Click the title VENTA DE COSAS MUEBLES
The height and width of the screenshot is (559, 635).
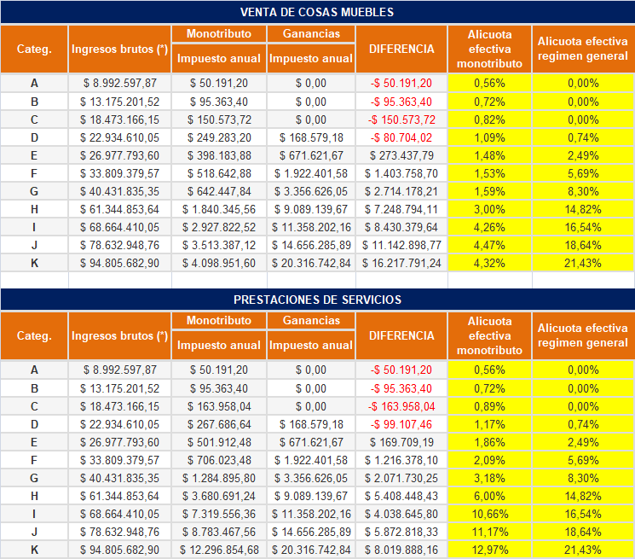(317, 12)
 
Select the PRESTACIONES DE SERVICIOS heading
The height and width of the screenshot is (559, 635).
(317, 300)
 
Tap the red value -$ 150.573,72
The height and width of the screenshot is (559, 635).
(401, 120)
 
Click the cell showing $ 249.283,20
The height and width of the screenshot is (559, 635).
(219, 137)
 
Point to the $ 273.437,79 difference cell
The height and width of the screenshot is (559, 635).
(401, 155)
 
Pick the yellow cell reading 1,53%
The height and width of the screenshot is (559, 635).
(489, 173)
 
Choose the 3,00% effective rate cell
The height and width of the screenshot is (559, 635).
(489, 210)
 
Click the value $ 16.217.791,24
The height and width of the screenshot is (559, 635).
(401, 263)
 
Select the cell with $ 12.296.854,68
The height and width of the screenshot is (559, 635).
(219, 550)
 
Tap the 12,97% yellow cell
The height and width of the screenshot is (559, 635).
(489, 550)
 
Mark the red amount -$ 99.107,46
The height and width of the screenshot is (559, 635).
(401, 424)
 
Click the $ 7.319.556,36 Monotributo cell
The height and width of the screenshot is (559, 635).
(219, 514)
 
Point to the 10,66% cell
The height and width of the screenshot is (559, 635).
(489, 514)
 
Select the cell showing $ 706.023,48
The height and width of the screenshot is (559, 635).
(219, 461)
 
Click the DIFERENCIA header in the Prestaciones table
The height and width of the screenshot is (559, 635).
(401, 335)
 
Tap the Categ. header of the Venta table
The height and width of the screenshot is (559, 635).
(34, 49)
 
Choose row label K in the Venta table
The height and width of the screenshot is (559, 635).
(34, 263)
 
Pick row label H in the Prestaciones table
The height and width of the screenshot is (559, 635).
(34, 496)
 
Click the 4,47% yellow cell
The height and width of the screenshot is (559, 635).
(489, 245)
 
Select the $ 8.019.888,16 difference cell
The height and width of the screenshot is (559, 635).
(401, 550)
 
